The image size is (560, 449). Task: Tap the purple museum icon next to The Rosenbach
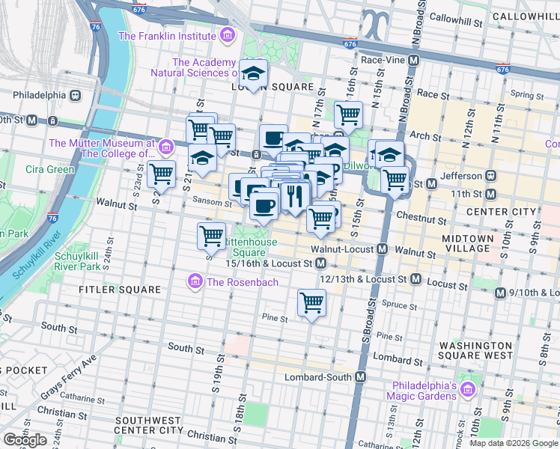click(x=195, y=282)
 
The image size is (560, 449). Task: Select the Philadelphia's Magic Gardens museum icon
click(x=469, y=390)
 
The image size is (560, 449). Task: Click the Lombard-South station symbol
click(x=361, y=377)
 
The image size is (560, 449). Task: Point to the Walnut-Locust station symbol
click(x=382, y=248)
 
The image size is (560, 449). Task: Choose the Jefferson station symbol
click(x=491, y=176)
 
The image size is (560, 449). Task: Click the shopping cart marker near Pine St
click(x=311, y=303)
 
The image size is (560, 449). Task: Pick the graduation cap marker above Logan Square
click(x=254, y=74)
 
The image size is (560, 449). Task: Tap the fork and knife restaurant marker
click(x=295, y=196)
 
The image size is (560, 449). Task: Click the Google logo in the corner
click(x=25, y=440)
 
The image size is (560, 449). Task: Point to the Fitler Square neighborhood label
click(x=121, y=289)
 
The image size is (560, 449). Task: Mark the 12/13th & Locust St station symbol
click(x=416, y=279)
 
